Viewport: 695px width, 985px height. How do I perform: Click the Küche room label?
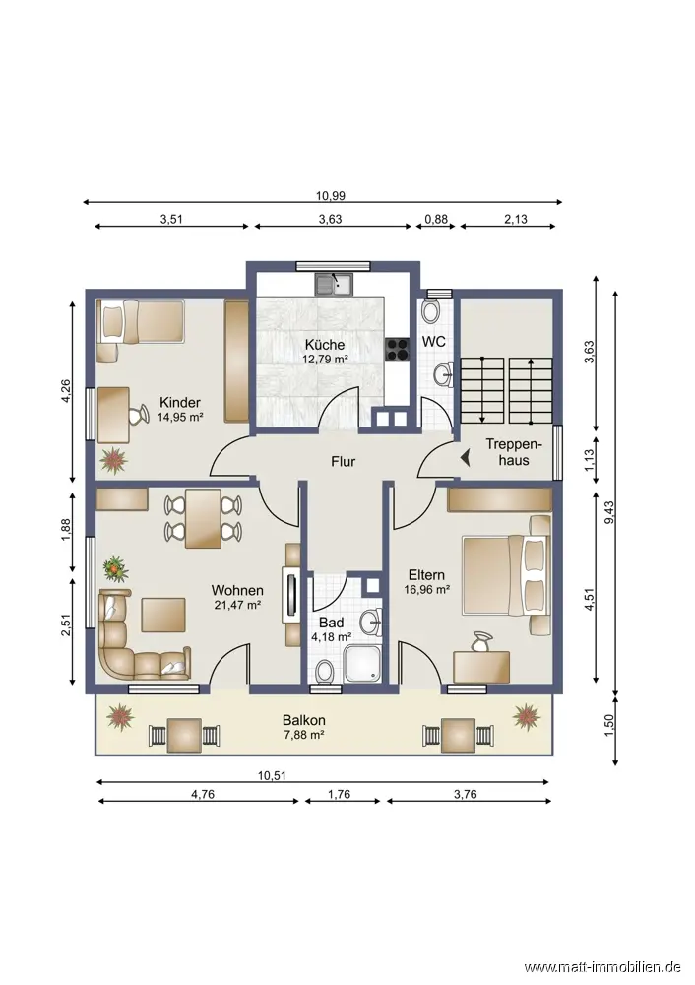click(325, 344)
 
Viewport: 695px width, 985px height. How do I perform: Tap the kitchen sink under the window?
click(335, 285)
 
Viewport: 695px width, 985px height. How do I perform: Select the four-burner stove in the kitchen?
click(396, 350)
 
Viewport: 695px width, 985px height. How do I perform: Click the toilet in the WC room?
click(431, 310)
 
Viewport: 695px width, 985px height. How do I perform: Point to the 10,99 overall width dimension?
click(330, 195)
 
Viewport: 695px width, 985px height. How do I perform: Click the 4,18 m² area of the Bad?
click(331, 636)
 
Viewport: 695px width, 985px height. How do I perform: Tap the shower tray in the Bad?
click(363, 663)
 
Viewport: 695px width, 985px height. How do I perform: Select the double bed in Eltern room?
click(506, 575)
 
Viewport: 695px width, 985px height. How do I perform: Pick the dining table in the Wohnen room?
click(203, 518)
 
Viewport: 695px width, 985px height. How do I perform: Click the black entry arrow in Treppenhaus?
click(466, 459)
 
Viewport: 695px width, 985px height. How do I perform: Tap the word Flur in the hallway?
click(344, 462)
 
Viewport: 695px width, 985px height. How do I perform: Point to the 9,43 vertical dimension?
click(608, 519)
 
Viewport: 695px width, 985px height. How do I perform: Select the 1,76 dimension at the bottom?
click(339, 794)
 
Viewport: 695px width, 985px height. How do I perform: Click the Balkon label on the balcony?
click(304, 721)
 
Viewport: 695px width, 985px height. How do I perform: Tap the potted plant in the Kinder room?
click(114, 460)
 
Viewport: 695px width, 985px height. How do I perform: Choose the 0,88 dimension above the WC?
click(436, 220)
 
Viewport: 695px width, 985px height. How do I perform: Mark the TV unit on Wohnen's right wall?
click(292, 595)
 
